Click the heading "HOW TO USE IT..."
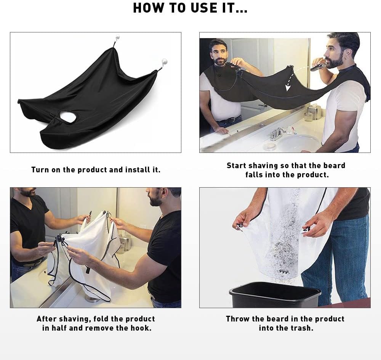pos(190,8)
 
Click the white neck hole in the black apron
pos(68,117)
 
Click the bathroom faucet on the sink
pos(277,134)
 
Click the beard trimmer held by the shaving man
pos(318,66)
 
